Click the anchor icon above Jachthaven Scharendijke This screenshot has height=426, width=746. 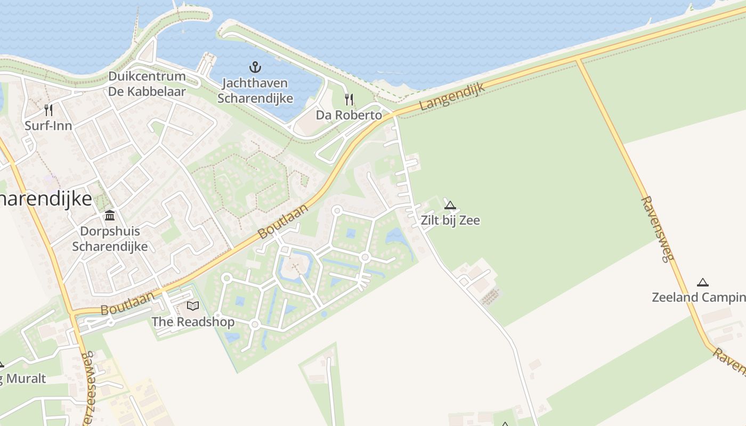click(x=255, y=67)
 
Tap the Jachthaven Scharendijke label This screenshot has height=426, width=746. click(x=255, y=91)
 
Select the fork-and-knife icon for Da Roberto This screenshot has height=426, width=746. click(x=348, y=99)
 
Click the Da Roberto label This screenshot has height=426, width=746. click(x=348, y=115)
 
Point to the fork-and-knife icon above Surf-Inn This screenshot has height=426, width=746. click(x=48, y=110)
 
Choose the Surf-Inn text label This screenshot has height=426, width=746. click(x=48, y=126)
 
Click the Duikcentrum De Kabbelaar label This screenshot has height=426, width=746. click(x=147, y=84)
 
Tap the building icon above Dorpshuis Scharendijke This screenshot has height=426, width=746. click(x=110, y=216)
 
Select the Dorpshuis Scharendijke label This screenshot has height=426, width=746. click(x=110, y=239)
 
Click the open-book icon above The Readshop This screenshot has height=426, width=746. click(x=192, y=306)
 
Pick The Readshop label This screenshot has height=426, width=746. click(x=192, y=322)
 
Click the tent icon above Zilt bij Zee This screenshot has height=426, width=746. click(x=450, y=205)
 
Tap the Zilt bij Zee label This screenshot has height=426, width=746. click(x=450, y=220)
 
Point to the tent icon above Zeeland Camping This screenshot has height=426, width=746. click(x=703, y=282)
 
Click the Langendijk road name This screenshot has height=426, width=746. click(x=452, y=96)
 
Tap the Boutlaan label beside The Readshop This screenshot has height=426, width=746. click(x=127, y=304)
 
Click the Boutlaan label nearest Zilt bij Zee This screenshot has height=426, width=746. click(x=283, y=221)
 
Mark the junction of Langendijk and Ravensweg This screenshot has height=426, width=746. click(x=578, y=58)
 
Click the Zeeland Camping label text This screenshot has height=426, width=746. click(x=698, y=297)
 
